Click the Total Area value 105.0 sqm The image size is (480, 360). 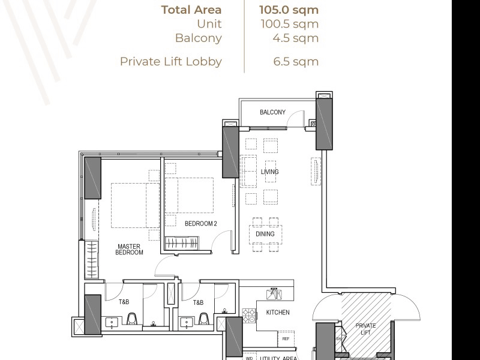[289, 10]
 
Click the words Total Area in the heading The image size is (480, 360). [191, 10]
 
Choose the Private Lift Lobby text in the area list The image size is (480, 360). [171, 61]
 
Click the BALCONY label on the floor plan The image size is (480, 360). [272, 112]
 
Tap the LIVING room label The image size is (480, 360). [269, 172]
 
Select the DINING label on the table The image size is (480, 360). [265, 234]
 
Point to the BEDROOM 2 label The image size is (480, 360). [200, 224]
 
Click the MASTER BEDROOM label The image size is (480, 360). [129, 250]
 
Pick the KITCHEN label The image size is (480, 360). [277, 313]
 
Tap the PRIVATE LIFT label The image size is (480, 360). [365, 329]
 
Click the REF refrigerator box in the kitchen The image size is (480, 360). [286, 339]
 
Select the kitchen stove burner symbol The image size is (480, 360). [249, 313]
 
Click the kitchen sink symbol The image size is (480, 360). [274, 294]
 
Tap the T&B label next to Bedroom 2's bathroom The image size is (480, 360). [199, 303]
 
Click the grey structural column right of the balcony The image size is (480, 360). [324, 124]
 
